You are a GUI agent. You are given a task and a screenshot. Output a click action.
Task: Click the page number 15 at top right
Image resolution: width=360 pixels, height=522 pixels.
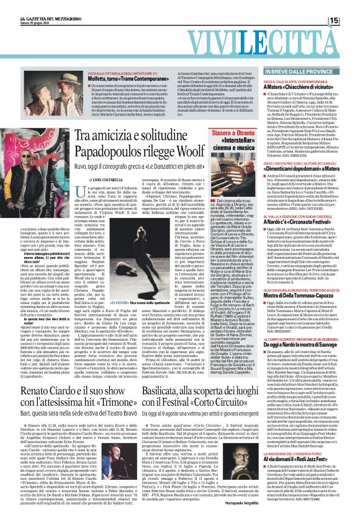[350, 21]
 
